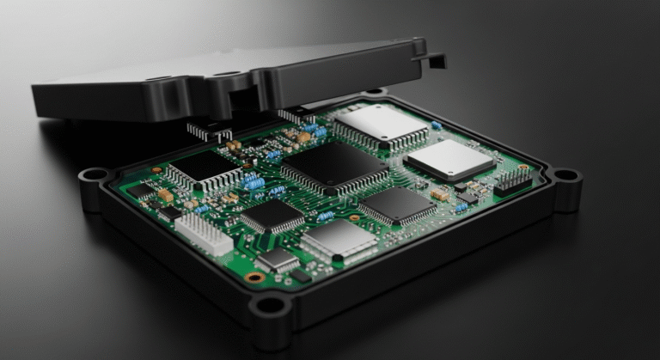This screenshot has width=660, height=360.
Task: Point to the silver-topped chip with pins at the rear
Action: [x=381, y=123]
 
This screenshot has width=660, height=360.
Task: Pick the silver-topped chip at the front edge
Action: [x=339, y=241]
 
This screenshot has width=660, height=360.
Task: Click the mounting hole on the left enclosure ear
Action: [x=90, y=176]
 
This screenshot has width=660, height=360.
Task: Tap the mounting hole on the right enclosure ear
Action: [x=565, y=174]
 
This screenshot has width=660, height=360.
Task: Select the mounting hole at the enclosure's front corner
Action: [x=270, y=305]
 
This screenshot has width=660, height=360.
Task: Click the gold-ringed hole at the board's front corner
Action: [x=254, y=278]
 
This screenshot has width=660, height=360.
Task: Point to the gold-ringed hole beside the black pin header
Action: [x=523, y=167]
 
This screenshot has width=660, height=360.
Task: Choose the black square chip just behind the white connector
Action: [x=272, y=215]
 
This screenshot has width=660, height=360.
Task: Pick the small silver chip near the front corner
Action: [x=278, y=259]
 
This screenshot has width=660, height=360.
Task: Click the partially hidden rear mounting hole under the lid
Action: [x=375, y=91]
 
